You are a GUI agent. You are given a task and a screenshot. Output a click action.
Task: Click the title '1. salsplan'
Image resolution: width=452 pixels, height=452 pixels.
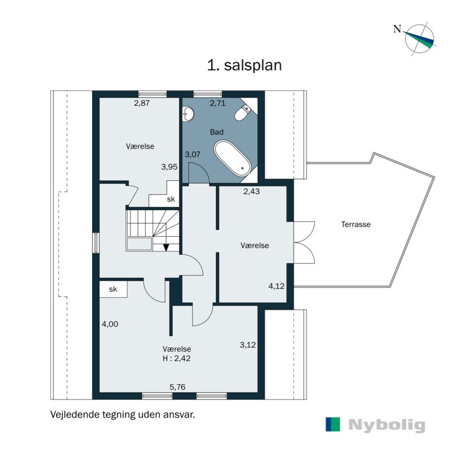pos(244,65)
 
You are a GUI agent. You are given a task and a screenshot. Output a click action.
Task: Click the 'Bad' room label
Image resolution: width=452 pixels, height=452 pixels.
pos(216,132)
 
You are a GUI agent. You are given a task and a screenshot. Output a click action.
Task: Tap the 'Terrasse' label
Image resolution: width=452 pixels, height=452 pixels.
pos(355,224)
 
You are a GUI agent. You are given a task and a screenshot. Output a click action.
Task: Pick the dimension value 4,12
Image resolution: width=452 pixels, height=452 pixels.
pos(276,286)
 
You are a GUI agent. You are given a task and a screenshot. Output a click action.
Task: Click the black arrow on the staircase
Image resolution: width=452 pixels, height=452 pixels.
pos(166,247)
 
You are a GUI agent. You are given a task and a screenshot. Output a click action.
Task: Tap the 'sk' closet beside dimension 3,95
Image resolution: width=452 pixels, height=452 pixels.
pos(170,199)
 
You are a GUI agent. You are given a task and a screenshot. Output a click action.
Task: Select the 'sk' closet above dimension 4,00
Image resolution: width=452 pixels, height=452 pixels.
pos(113,289)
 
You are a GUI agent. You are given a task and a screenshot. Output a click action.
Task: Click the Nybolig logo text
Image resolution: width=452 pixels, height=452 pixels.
pos(386,425)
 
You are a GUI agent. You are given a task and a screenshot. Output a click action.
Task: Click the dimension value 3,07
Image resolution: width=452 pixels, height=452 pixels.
pos(193,154)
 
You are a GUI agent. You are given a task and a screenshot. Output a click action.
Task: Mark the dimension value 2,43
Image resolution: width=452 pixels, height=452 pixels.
pos(251,192)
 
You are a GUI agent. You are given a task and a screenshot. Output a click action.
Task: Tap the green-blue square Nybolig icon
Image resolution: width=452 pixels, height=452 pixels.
pos(333,425)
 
